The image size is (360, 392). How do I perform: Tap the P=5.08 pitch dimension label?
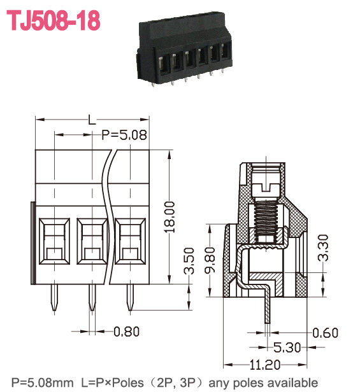[x=124, y=135]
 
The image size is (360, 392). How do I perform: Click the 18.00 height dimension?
[x=169, y=217]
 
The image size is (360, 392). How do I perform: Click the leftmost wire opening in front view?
[x=55, y=242]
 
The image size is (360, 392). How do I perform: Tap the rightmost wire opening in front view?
[x=130, y=242]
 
